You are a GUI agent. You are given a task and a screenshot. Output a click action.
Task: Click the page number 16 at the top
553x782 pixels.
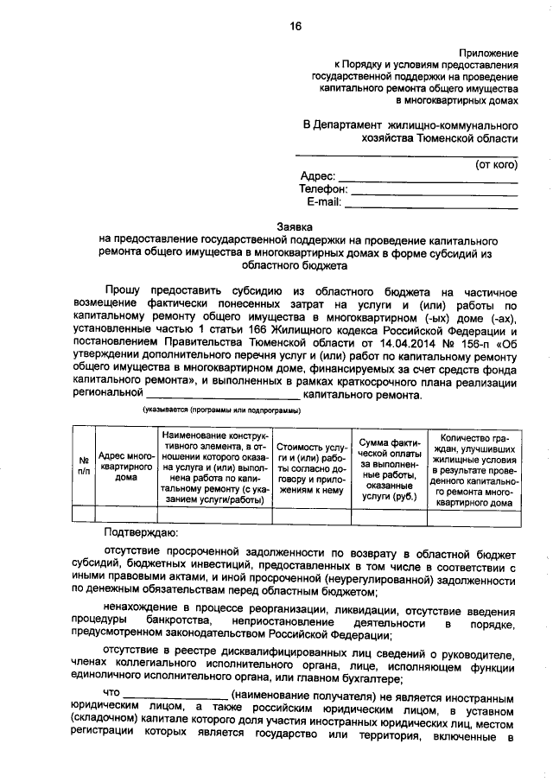296,27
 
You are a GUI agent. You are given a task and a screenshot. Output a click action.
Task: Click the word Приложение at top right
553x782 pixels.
489,53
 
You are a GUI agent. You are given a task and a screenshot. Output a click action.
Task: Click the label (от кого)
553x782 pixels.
496,163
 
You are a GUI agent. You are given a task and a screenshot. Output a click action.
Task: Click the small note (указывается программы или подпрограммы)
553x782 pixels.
221,410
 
